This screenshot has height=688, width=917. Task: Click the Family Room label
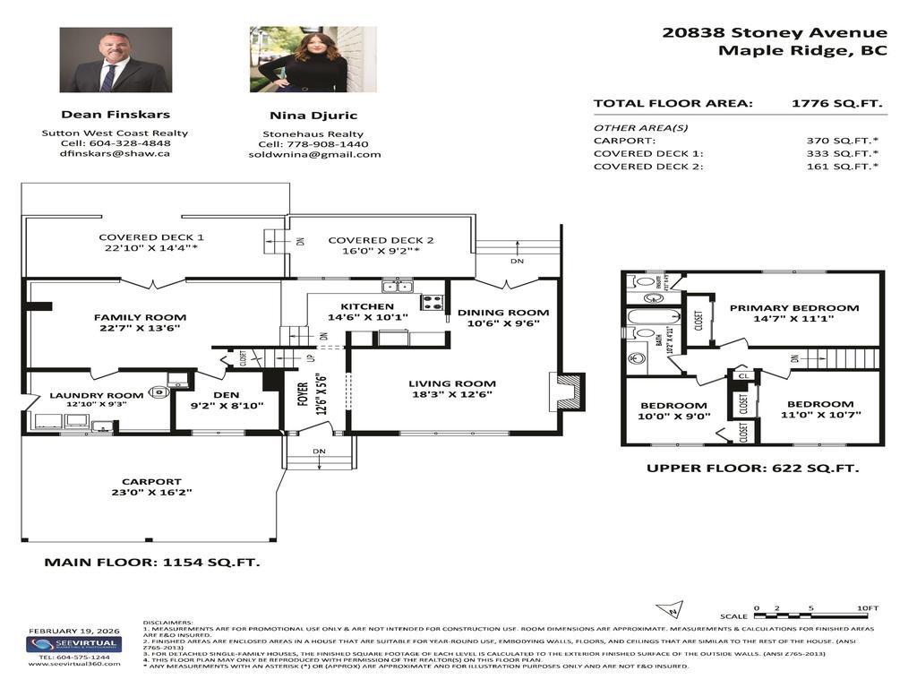point(141,317)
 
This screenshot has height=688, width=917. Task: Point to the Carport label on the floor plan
point(151,481)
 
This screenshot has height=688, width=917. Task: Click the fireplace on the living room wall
point(568,391)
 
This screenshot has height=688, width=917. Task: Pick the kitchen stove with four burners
point(433,302)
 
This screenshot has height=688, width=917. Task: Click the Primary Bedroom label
point(793,308)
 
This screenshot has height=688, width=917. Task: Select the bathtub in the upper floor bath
point(647,316)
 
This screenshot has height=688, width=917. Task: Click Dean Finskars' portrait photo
point(115,60)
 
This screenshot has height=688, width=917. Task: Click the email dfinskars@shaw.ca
point(115,153)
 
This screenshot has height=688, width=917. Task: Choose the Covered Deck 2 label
point(381,240)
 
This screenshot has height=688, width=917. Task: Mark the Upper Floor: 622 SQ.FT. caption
point(752,469)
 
